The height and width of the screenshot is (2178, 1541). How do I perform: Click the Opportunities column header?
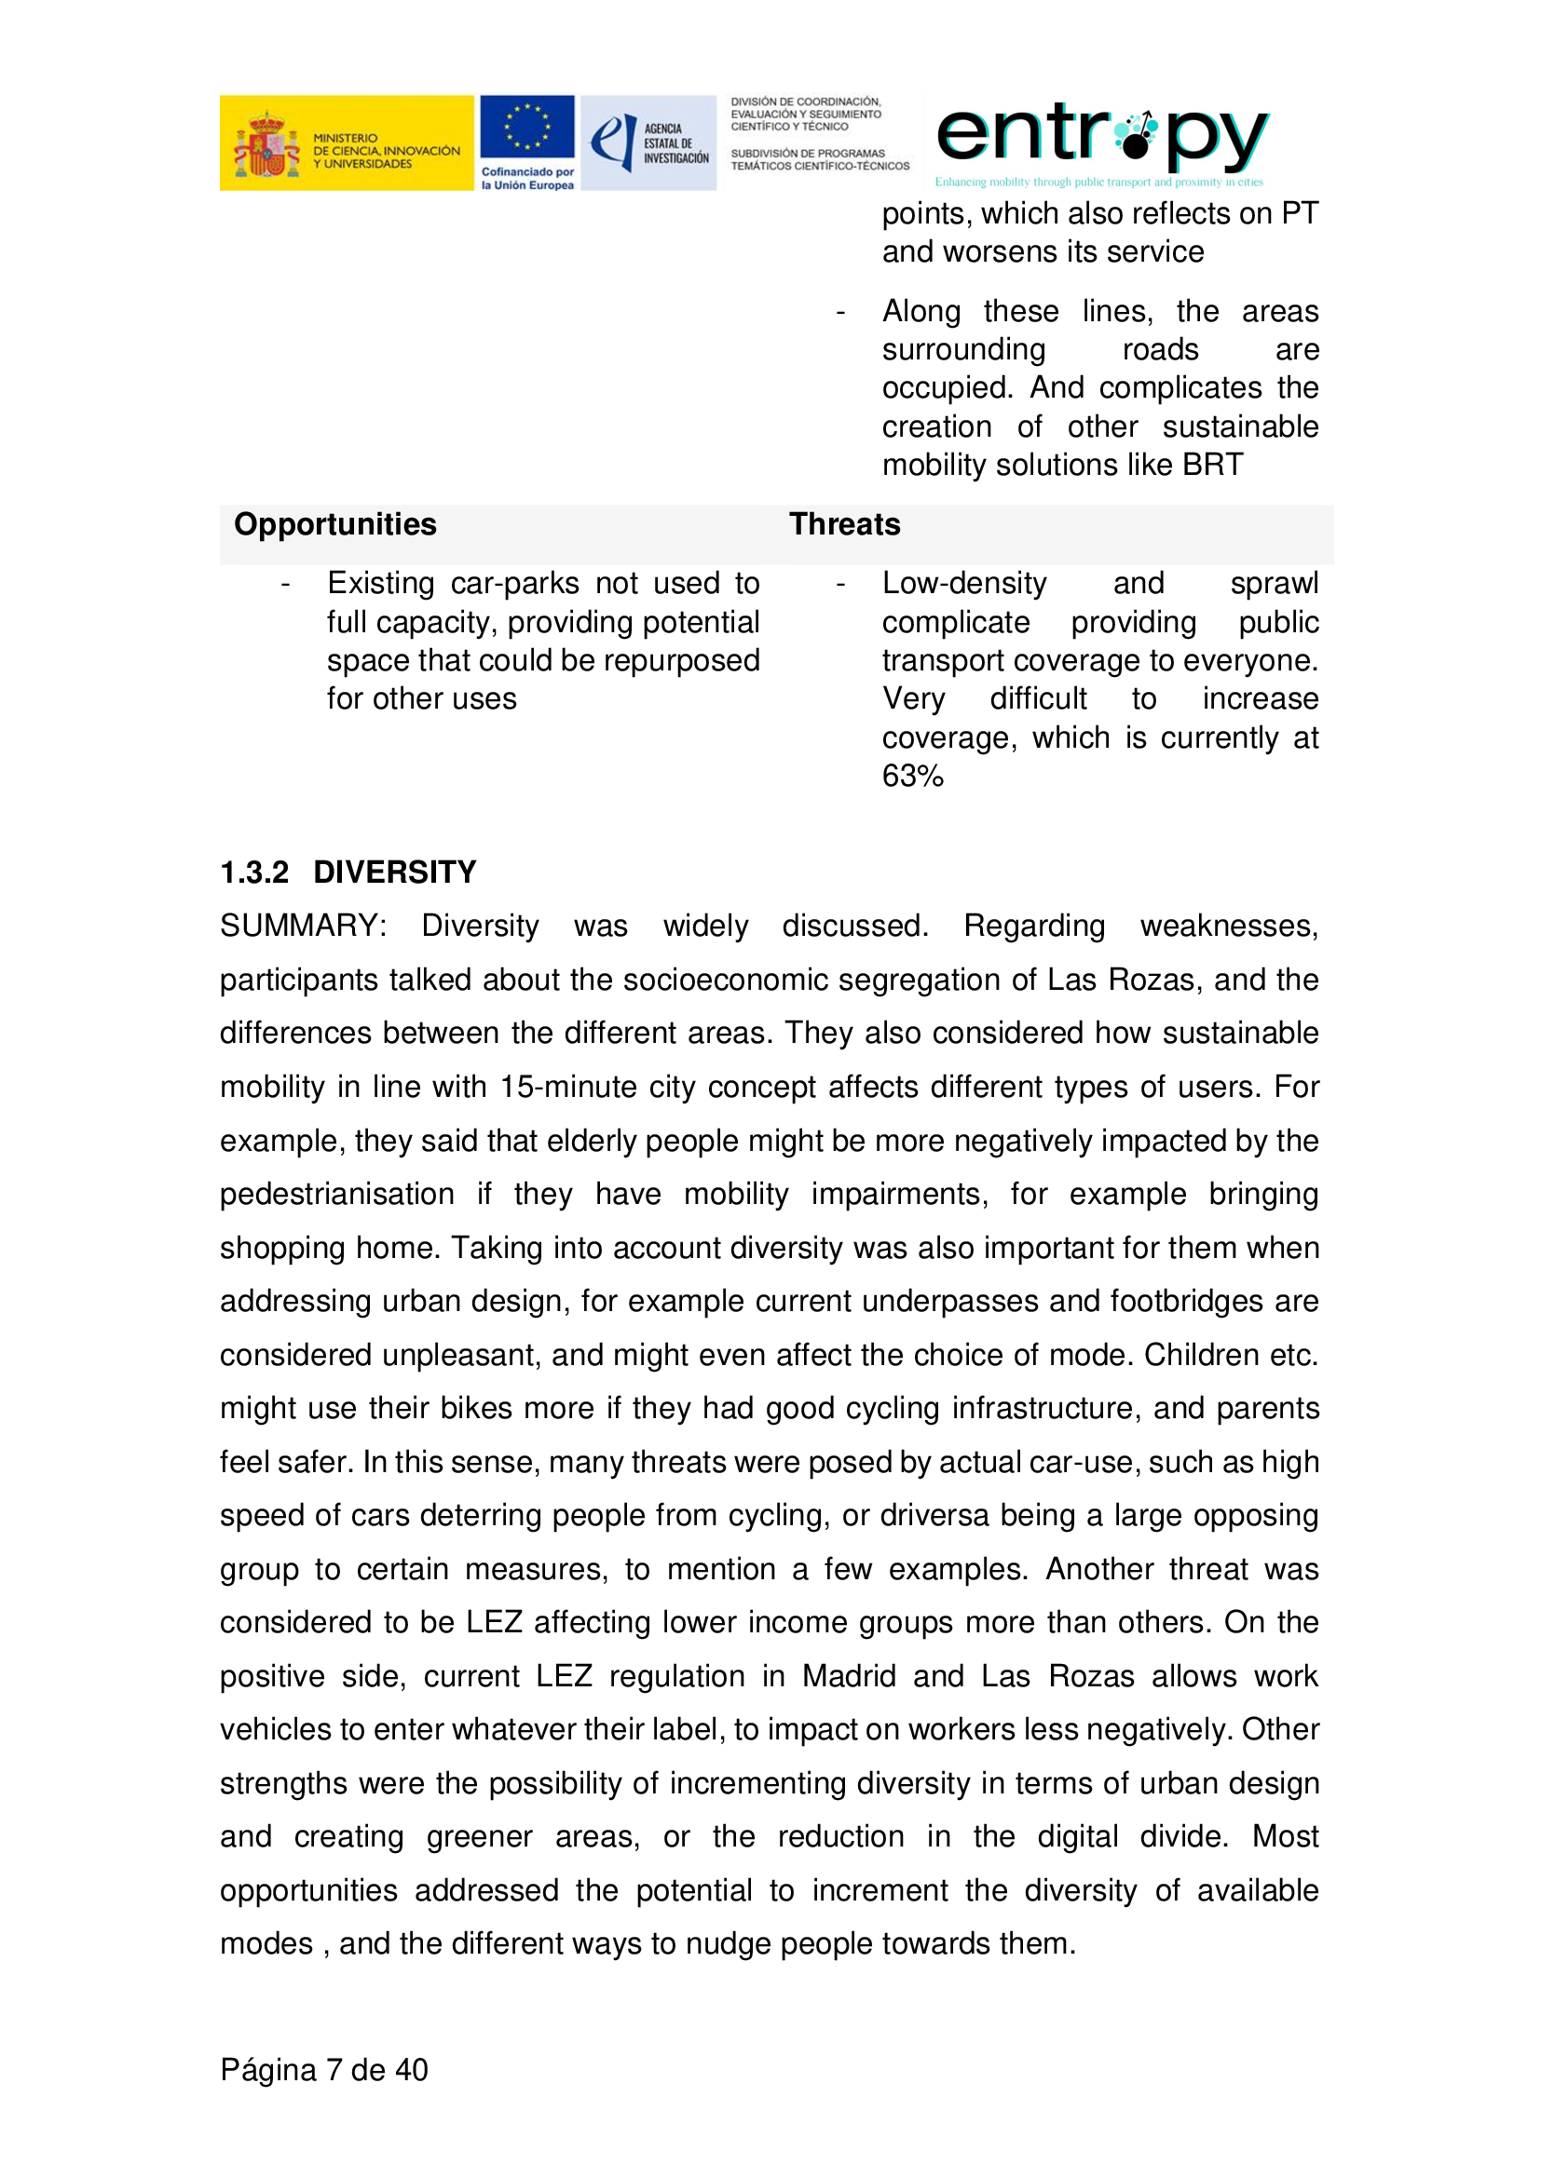click(335, 524)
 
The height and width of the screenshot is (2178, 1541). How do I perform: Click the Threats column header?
click(844, 524)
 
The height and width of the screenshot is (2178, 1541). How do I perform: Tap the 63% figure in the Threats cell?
click(913, 776)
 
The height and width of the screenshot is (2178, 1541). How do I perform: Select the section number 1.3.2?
click(254, 872)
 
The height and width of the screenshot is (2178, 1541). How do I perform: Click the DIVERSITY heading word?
click(395, 872)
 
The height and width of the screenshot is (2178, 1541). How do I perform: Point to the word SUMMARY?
click(303, 926)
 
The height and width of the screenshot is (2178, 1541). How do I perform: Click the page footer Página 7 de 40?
click(323, 2069)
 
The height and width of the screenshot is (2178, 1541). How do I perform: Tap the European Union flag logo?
click(526, 128)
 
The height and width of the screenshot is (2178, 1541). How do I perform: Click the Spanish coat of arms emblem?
click(266, 145)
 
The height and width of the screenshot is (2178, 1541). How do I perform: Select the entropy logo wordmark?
click(1100, 136)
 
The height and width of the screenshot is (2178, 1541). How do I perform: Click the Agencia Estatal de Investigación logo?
click(649, 143)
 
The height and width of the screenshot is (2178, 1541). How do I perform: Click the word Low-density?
click(964, 584)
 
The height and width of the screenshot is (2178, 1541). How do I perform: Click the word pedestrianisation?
click(337, 1194)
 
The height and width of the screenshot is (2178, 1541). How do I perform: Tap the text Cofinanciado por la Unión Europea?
click(526, 179)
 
